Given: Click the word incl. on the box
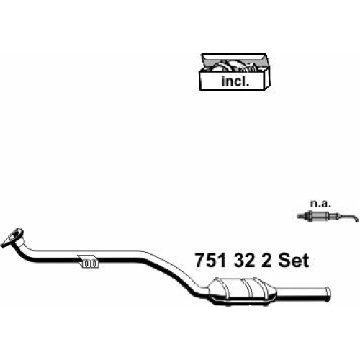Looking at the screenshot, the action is point(235,81).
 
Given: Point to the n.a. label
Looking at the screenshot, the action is point(320,204).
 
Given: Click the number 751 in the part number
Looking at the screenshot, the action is point(211,261).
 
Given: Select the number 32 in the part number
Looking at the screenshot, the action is point(244,261).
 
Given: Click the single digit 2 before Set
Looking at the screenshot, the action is point(266,261).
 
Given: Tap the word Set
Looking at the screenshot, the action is point(294,261).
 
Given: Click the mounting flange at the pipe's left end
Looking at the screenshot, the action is point(12,238).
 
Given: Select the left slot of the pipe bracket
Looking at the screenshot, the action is point(86,264).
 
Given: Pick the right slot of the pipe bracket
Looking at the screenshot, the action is point(94,264).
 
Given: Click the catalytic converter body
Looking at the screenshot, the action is point(243,291).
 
